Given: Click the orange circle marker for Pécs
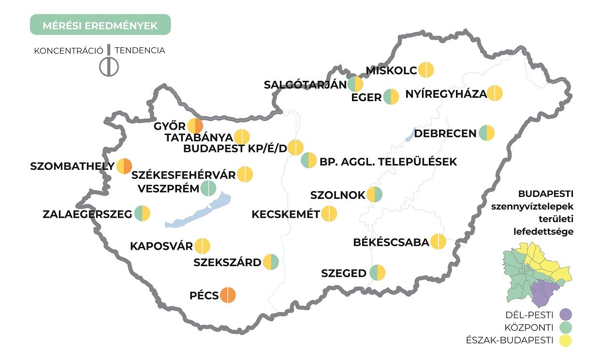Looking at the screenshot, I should click(228, 295).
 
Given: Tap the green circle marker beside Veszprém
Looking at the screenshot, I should click(208, 188).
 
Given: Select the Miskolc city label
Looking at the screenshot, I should click(391, 71).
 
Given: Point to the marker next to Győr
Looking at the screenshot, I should click(195, 126).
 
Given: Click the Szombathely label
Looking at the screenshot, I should click(72, 166).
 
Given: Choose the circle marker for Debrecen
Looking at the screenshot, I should click(487, 133).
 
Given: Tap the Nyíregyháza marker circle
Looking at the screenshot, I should click(495, 93).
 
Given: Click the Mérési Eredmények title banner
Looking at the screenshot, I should click(100, 25).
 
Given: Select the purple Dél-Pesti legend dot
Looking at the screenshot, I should click(564, 315).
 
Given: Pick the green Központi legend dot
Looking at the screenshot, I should click(564, 327).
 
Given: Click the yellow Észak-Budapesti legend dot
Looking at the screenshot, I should click(564, 340).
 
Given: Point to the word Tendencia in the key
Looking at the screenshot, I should click(140, 50).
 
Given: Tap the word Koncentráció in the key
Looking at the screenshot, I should click(68, 50).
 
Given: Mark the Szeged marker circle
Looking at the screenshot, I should click(377, 273).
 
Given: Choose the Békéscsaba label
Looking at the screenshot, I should click(391, 242).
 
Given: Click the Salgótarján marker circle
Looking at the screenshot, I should click(355, 84).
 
